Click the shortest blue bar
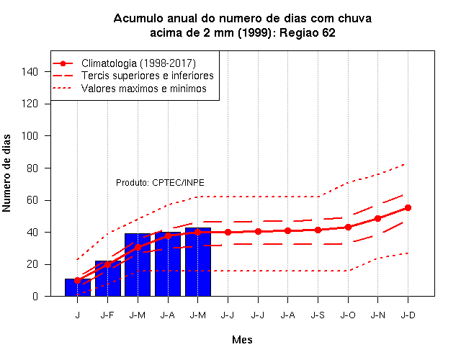(x=78, y=287)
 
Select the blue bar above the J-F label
(x=108, y=279)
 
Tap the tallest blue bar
(x=198, y=262)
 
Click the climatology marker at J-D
(x=408, y=208)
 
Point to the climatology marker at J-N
(x=377, y=218)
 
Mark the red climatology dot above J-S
(x=318, y=230)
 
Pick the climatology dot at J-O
(x=348, y=228)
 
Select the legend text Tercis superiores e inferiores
(x=147, y=76)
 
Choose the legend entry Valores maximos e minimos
(x=144, y=89)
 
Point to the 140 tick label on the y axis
(x=30, y=72)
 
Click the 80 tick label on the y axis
(x=32, y=168)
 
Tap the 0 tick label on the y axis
(x=35, y=296)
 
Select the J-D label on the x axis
(x=408, y=315)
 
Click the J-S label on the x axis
(x=318, y=315)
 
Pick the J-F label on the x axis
(x=107, y=315)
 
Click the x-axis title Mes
(x=242, y=340)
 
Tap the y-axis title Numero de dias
(x=6, y=173)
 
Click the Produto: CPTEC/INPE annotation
(x=160, y=183)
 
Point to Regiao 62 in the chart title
(x=308, y=32)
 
